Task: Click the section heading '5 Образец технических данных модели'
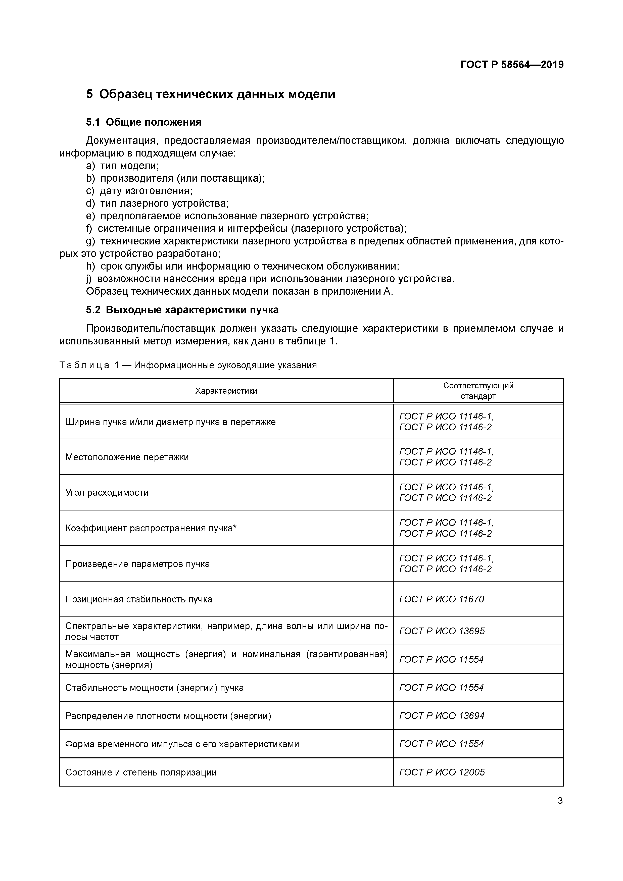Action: click(210, 94)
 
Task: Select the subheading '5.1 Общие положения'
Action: click(143, 122)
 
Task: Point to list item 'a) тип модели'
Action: click(122, 166)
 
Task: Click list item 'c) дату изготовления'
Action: click(139, 191)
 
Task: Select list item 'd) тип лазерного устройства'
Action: click(157, 203)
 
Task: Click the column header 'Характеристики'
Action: click(226, 391)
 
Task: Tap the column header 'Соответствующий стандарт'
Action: click(478, 391)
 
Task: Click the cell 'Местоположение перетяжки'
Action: click(127, 457)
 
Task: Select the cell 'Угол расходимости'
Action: click(107, 492)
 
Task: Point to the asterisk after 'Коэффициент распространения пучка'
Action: click(235, 528)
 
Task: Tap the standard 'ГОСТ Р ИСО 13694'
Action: click(442, 716)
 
